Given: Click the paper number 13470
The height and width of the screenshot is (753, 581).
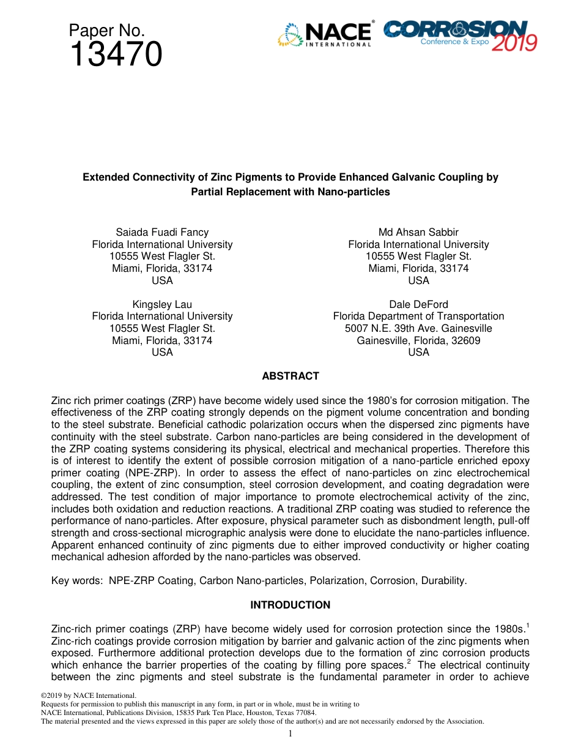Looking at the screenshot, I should coord(116,54).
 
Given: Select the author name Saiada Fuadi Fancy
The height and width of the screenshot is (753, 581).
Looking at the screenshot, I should coord(162,232).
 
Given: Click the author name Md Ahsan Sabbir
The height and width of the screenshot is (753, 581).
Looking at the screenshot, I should coord(418,232).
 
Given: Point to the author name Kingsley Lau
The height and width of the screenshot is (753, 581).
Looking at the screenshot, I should coord(162,304).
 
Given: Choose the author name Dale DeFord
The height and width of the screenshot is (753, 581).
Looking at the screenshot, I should coord(418,304).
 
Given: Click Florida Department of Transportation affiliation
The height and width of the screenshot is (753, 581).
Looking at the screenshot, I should coord(418,317).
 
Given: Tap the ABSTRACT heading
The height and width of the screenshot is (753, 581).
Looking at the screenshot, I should coord(290,376).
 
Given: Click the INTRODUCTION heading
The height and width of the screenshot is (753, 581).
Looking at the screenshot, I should coord(290,605).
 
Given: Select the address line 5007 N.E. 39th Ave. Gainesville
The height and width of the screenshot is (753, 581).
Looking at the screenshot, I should coord(418,328).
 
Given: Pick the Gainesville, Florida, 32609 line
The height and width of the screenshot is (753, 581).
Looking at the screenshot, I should coord(418,340).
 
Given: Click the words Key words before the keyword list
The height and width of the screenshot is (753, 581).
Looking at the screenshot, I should coord(77,581).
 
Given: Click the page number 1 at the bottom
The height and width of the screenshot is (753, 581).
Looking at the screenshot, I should coord(290,733).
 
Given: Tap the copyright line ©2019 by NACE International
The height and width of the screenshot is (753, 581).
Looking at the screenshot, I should coord(89,695).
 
